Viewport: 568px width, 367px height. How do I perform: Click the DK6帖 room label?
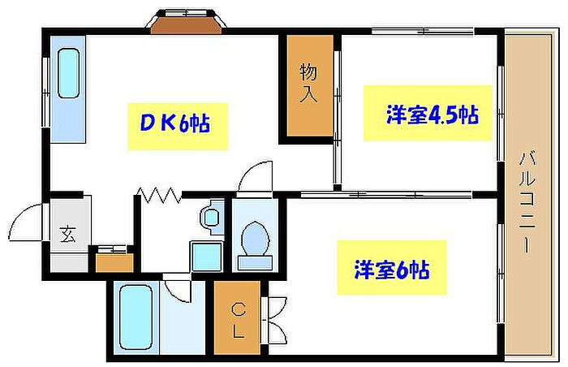(x=174, y=124)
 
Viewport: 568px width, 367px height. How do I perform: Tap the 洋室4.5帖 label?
(x=432, y=114)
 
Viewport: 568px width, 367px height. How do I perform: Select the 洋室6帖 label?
(x=392, y=269)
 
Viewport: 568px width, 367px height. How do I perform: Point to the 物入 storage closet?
(x=310, y=85)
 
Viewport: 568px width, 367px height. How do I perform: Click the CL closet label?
(x=239, y=322)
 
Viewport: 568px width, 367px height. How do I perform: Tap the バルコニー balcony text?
(x=527, y=202)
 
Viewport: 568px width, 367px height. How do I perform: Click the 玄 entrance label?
(x=68, y=234)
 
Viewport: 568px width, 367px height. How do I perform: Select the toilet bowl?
(x=256, y=239)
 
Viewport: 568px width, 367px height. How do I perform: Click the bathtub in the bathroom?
(x=136, y=317)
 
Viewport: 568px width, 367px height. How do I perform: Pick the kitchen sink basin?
(x=68, y=74)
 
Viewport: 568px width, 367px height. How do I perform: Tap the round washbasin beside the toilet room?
(x=211, y=218)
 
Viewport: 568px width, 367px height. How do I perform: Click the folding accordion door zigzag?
(x=160, y=195)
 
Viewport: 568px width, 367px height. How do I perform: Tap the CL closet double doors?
(x=274, y=321)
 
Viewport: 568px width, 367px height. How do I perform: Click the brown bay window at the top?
(x=186, y=26)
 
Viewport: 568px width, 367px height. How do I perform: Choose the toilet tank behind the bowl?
(x=255, y=262)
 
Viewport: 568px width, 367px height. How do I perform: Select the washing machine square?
(x=206, y=257)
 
